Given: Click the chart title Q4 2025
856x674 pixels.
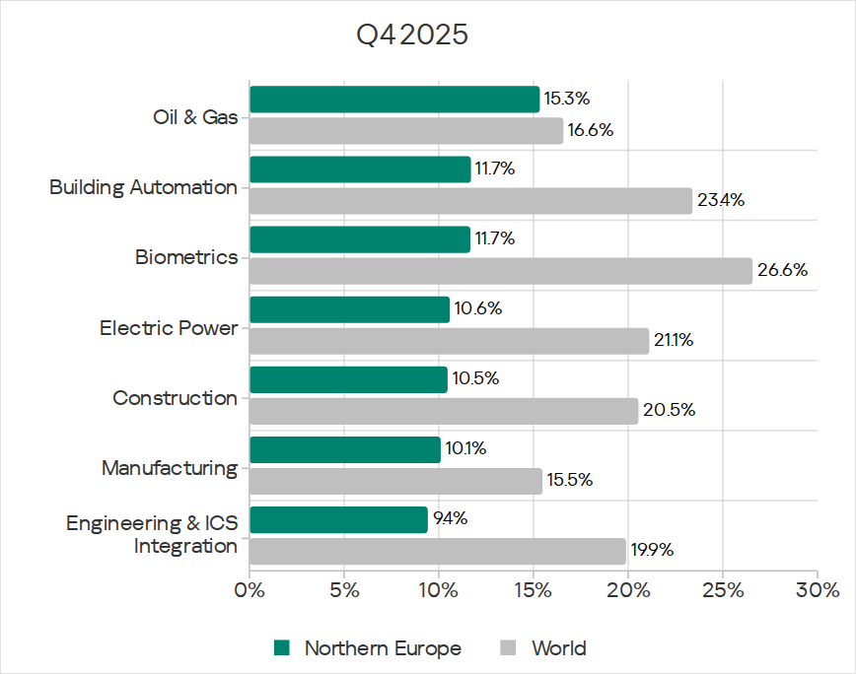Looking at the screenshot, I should pos(412,36).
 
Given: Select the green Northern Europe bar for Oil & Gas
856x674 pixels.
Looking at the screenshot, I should pos(394,100).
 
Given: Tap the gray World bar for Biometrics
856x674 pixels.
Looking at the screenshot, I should pos(500,271).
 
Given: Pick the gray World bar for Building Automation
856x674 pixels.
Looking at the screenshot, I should pos(470,201).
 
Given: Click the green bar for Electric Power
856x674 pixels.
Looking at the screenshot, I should pos(349,309).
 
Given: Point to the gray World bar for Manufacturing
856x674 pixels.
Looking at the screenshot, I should pos(395,481).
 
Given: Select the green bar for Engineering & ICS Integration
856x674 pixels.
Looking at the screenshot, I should pos(338,519).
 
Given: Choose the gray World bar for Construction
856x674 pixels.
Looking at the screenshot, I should pos(444,411).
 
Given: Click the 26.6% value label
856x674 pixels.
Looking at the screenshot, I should pos(782,271).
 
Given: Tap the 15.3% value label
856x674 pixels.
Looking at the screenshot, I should pos(566,100).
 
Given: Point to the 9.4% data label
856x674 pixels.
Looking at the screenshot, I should pos(450,519).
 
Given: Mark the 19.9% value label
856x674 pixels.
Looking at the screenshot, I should pos(652,551).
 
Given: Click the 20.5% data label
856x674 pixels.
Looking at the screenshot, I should pos(669,411).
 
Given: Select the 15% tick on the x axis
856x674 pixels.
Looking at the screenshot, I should pos(534,591).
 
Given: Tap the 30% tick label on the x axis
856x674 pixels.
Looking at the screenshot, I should pos(818,591).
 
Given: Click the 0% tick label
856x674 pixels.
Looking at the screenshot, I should pos(250,591).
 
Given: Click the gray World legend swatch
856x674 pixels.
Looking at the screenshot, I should pos(509,648).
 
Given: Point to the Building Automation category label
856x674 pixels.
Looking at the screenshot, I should pos(143,187).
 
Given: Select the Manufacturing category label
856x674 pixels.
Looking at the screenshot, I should pos(170,468).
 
